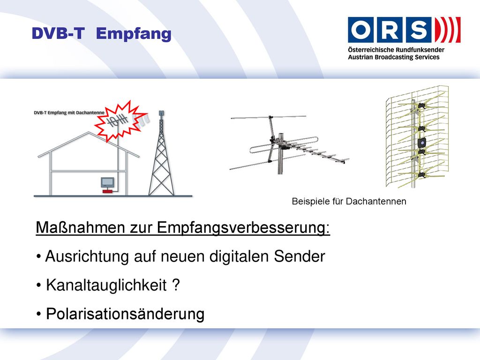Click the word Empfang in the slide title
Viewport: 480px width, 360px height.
[134, 34]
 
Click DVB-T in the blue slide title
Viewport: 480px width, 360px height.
[58, 33]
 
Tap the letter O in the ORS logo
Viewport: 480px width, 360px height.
[360, 30]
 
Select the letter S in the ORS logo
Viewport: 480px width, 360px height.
[419, 30]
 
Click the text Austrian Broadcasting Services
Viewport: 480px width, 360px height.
[393, 57]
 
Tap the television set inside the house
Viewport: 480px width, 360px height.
[107, 182]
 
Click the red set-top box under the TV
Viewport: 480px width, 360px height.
[107, 191]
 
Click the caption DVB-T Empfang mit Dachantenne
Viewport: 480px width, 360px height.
[69, 112]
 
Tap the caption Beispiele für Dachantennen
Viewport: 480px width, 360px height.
[349, 202]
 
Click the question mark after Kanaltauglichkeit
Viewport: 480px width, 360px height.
[176, 285]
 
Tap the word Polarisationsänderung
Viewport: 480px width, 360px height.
[125, 314]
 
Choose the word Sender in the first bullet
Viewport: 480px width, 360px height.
[300, 256]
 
